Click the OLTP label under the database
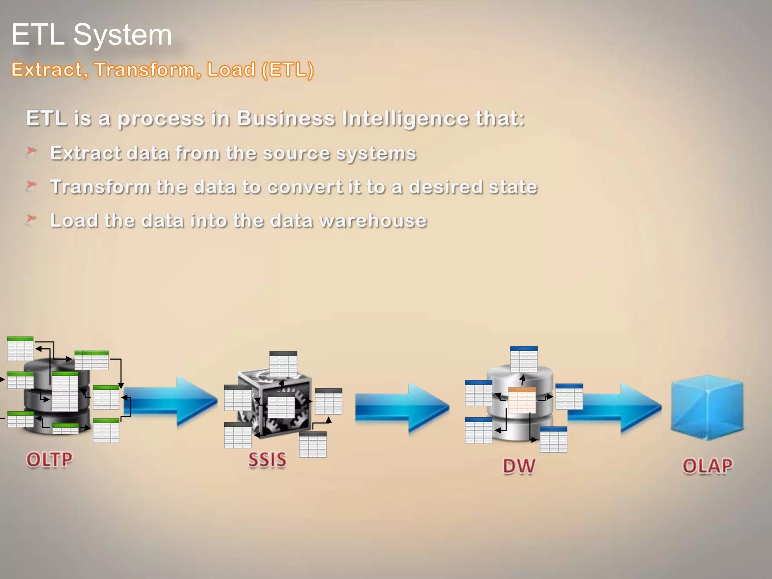point(49,460)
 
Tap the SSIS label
point(267,460)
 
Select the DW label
point(519,466)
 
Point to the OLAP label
point(708,466)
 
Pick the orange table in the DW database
point(522,400)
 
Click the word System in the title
point(123,35)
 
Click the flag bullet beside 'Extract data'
point(31,153)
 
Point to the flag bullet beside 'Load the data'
point(31,220)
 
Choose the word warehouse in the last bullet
point(373,221)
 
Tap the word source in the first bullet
point(296,153)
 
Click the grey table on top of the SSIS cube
point(283,364)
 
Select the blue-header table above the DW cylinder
point(524,359)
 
